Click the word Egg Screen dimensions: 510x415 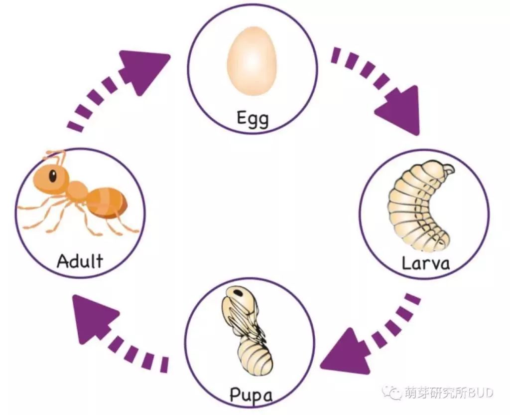click(x=253, y=119)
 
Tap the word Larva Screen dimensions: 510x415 click(x=426, y=263)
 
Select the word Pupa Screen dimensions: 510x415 click(x=251, y=395)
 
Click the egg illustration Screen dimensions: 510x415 click(x=252, y=61)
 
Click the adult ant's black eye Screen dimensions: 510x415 click(x=52, y=176)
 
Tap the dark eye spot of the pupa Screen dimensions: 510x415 click(x=239, y=293)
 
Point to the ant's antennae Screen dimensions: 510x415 click(x=56, y=156)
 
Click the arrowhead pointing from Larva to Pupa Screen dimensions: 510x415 click(x=346, y=352)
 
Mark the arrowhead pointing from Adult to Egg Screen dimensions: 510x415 click(x=143, y=72)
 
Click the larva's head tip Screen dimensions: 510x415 click(x=450, y=169)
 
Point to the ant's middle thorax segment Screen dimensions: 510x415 click(x=77, y=189)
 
